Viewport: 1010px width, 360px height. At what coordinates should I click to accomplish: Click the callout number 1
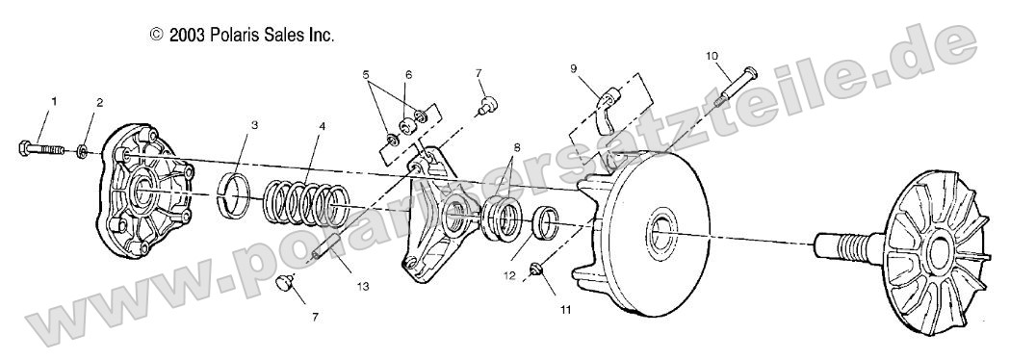point(54,101)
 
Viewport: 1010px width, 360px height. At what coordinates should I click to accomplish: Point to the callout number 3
point(254,124)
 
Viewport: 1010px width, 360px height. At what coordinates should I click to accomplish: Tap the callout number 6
point(408,74)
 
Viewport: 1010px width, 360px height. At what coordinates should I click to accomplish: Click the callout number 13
point(361,286)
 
